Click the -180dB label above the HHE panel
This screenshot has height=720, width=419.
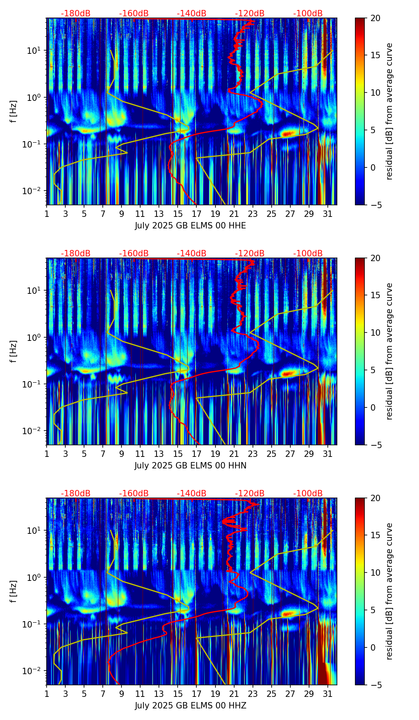point(76,14)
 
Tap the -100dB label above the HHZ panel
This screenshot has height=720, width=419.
point(308,494)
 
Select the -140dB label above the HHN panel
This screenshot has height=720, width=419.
point(192,254)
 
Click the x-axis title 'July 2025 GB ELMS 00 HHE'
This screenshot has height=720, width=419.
point(190,226)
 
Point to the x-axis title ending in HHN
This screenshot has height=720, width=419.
point(190,466)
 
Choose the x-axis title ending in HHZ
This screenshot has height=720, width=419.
point(190,706)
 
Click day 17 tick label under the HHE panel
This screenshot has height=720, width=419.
point(196,214)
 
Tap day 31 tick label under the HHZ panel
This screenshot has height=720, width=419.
point(327,694)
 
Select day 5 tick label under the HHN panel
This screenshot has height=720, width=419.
point(84,454)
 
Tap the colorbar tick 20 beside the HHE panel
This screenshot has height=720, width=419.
point(375,18)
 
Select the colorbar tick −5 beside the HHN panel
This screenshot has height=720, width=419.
point(375,445)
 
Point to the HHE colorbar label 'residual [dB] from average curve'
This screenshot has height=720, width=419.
point(390,111)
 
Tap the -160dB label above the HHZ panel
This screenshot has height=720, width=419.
point(134,494)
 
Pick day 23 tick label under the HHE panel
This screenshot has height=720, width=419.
point(253,214)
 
